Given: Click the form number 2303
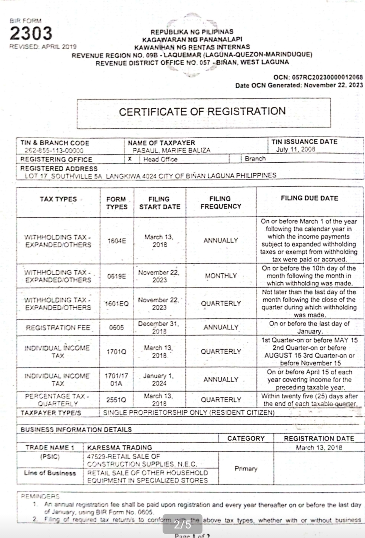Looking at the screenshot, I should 31,33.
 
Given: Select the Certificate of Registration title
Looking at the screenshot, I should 202,112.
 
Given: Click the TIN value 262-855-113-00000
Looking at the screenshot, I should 54,151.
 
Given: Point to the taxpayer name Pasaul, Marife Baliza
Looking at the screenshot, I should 171,150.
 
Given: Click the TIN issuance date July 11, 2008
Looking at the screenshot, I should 295,149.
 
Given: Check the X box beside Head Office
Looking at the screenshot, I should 130,159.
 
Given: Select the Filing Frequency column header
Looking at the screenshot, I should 221,202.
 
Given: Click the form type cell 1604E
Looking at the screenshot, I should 117,241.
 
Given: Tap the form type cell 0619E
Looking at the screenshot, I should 117,276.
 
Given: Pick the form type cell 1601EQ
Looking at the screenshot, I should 117,303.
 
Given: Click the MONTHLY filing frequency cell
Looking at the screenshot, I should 221,276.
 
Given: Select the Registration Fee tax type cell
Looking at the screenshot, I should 58,328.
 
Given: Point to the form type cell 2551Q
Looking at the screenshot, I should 116,400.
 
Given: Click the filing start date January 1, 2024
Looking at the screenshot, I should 159,380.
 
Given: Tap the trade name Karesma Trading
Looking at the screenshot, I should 120,447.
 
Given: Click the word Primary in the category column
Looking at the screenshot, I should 246,469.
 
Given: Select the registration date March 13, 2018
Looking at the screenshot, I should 319,447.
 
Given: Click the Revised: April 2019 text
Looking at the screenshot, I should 43,47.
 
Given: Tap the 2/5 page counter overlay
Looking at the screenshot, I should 182,524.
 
